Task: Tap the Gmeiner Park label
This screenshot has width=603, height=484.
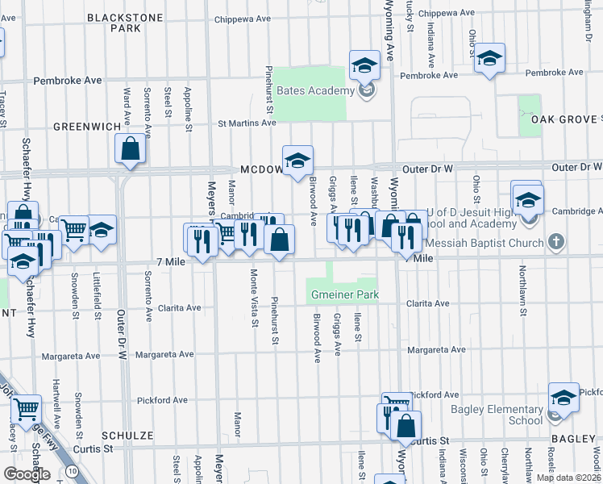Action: [345, 295]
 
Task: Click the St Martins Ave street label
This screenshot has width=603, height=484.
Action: [247, 123]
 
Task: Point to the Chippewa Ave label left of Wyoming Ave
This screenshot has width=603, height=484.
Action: [244, 19]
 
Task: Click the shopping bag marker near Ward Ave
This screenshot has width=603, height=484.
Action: [130, 148]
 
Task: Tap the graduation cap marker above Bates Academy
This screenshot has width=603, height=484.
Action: [364, 65]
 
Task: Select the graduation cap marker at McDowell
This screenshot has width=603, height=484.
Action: [297, 159]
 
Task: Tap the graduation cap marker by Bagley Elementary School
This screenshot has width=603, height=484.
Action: [563, 397]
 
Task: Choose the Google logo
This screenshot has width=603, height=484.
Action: [27, 474]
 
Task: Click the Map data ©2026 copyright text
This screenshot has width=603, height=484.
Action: [568, 478]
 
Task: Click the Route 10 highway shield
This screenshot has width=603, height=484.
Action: [73, 470]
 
